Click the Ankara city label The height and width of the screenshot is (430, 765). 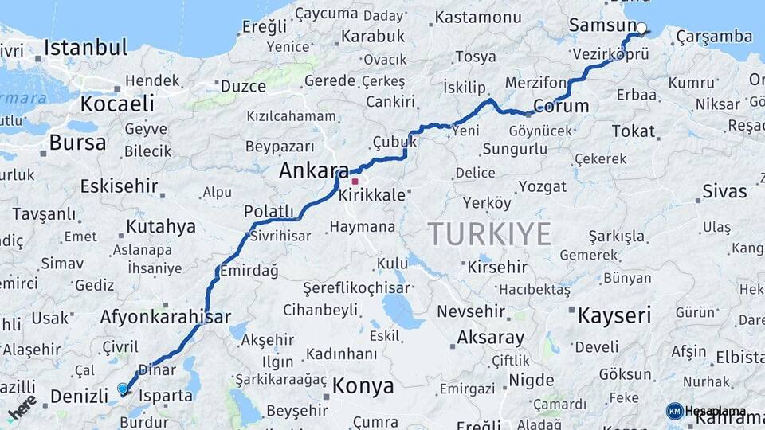[x=313, y=170]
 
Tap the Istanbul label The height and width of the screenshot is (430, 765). [x=85, y=47]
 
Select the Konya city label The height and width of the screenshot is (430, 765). [x=363, y=386]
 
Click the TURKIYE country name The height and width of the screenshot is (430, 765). [x=489, y=234]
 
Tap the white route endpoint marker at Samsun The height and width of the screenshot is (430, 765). [x=641, y=27]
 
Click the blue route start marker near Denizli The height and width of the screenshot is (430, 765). [x=122, y=389]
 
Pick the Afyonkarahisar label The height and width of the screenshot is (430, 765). [x=165, y=316]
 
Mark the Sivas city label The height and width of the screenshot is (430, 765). [x=724, y=191]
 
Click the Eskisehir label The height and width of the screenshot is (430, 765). [x=118, y=186]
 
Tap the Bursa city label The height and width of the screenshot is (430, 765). [x=77, y=143]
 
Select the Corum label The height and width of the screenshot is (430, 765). [x=561, y=106]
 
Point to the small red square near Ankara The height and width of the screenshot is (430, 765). [x=355, y=181]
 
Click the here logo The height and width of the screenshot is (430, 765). [x=22, y=408]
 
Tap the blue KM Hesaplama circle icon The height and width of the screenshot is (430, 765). [x=674, y=411]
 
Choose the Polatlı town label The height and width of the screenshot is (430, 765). [x=269, y=210]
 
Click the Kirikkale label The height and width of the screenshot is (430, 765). [x=371, y=195]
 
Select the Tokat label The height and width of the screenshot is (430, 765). [x=633, y=131]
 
